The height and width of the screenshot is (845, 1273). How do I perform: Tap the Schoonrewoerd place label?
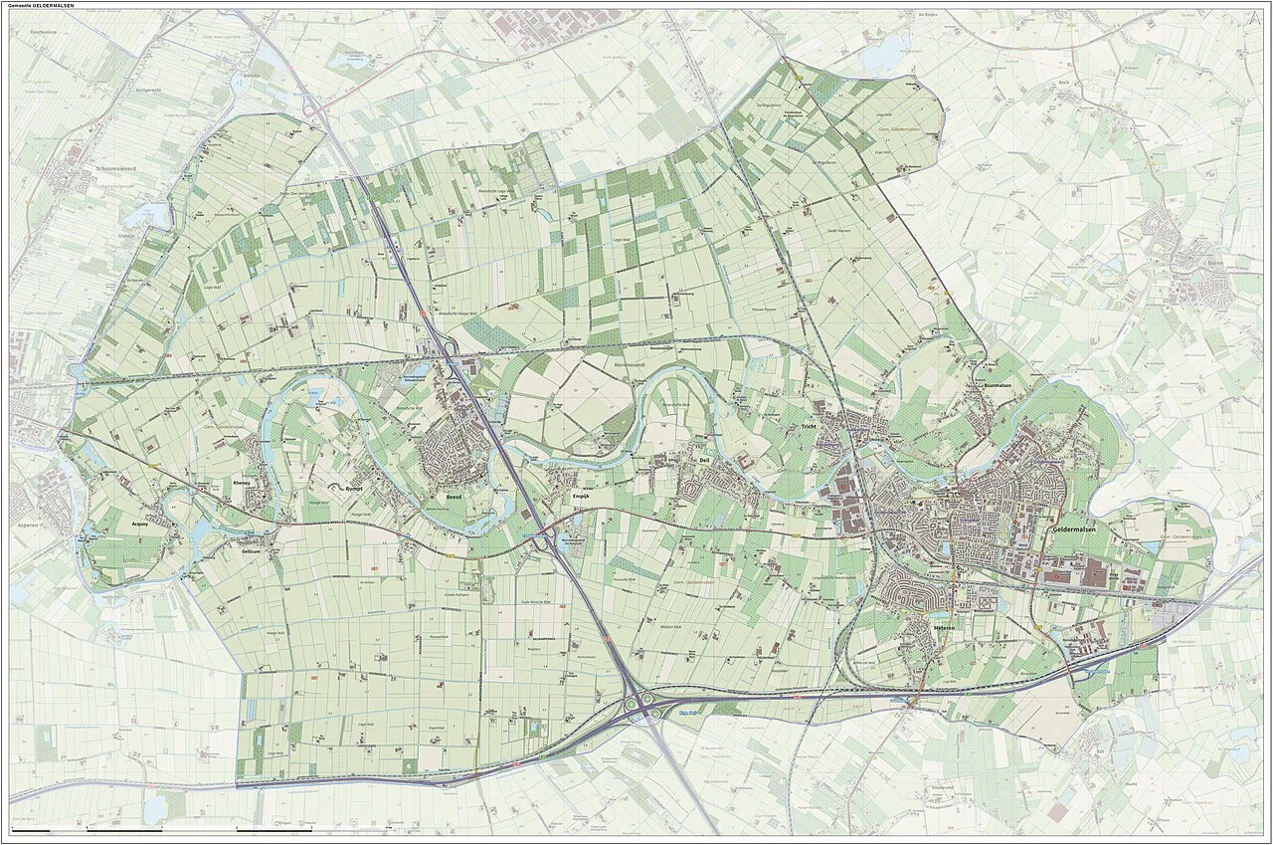(x=93, y=169)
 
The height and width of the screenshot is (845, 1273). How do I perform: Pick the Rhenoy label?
(x=242, y=482)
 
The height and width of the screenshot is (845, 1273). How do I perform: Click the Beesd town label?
(x=454, y=496)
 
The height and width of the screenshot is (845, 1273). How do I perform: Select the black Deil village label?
(x=704, y=461)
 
